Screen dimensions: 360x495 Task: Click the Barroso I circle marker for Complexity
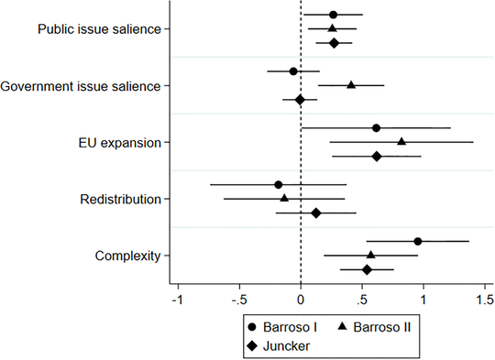(417, 241)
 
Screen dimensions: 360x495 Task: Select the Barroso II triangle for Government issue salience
(351, 85)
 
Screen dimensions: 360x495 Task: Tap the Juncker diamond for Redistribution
(316, 213)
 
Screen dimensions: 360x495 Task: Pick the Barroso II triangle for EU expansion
(401, 142)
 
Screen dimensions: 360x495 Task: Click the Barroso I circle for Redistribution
(279, 184)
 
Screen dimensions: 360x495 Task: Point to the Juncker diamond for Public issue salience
(334, 43)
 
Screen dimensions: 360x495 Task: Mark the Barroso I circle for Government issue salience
(293, 71)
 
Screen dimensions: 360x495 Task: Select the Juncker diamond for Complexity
(368, 269)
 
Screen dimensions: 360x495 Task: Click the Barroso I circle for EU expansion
(377, 127)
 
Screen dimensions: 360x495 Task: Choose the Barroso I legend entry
(288, 327)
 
